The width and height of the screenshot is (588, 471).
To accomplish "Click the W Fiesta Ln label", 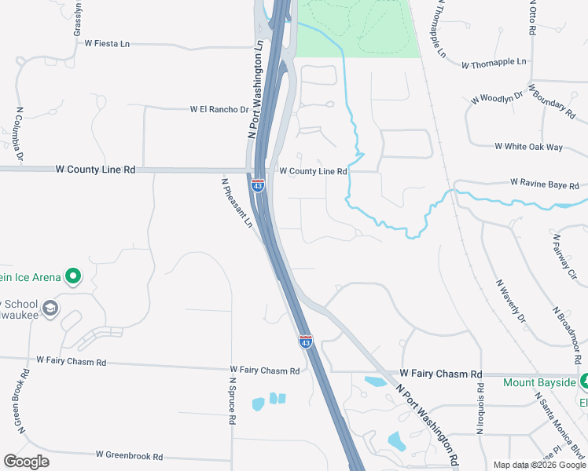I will [x=106, y=44].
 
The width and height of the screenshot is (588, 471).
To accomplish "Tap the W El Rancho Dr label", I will [x=219, y=110].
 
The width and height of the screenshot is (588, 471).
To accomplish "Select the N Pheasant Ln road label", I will [x=237, y=202].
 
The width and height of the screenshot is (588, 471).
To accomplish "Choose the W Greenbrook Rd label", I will [x=129, y=455].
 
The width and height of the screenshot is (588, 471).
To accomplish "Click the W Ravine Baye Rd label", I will [x=544, y=183].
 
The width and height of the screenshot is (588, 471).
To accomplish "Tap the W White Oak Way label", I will [x=528, y=147].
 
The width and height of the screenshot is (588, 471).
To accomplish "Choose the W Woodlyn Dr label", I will [x=497, y=98].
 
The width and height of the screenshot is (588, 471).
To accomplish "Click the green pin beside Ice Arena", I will [x=73, y=276].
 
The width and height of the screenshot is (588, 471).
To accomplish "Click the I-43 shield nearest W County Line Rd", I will [x=257, y=185].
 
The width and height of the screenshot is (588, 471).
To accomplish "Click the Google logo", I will [x=26, y=462].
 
